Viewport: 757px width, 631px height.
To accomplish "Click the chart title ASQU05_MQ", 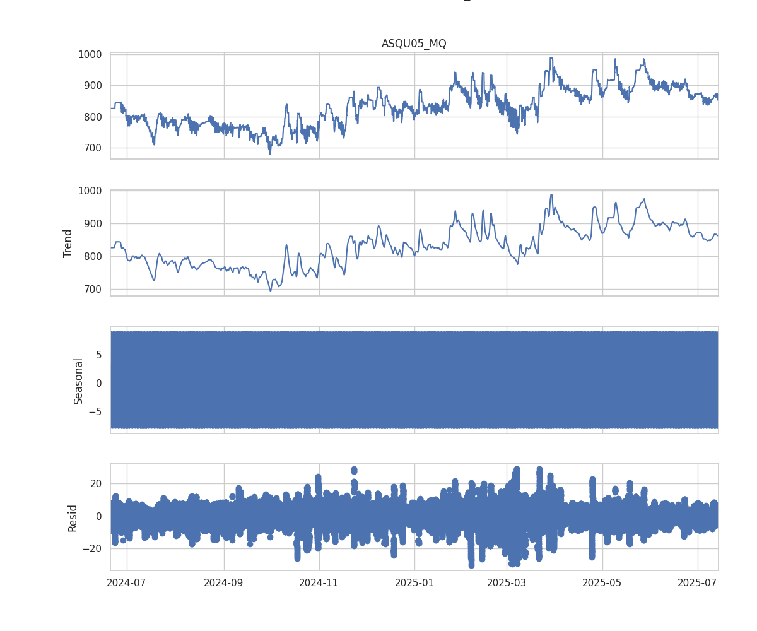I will [x=414, y=44].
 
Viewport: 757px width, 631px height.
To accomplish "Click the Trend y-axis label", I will [x=68, y=243].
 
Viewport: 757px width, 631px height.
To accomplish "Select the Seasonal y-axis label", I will [x=78, y=381].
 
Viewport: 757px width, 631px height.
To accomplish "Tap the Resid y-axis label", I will [x=73, y=517].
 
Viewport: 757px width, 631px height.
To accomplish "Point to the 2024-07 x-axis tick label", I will [x=127, y=582].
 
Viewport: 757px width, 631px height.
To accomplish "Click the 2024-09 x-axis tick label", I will [x=224, y=582].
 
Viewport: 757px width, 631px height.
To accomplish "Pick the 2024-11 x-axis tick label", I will [x=319, y=582].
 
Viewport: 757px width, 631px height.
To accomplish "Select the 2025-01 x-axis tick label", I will [x=414, y=582].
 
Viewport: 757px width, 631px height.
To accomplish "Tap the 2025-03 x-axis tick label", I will [x=507, y=582].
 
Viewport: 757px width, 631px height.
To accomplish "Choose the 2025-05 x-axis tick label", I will [x=602, y=582].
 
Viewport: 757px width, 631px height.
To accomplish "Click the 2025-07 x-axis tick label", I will [x=698, y=582].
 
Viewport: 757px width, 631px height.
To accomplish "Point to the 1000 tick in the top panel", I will [x=90, y=54].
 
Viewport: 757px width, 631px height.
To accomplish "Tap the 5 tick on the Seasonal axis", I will [x=99, y=355].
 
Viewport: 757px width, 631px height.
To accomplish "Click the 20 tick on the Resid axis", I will [x=96, y=483].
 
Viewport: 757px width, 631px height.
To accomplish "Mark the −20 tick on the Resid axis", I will [x=93, y=549].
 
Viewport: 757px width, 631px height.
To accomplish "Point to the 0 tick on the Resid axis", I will [x=99, y=516].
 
